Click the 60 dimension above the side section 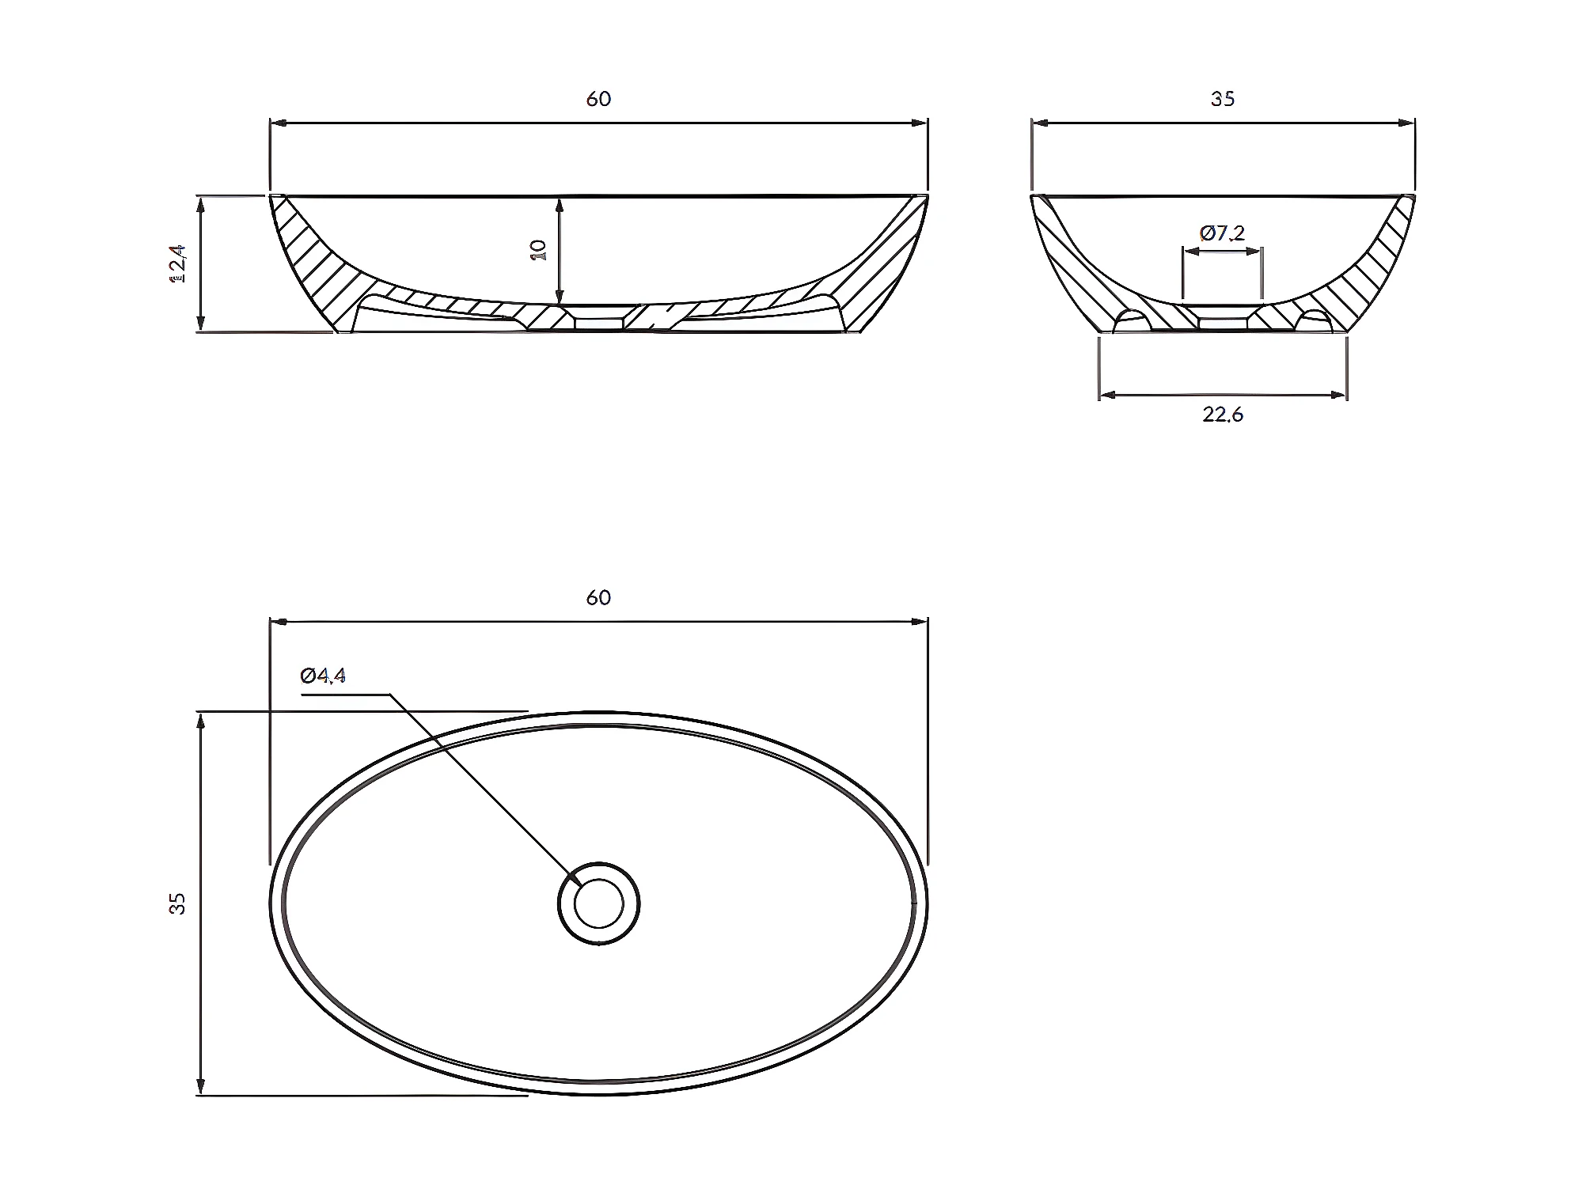(x=598, y=99)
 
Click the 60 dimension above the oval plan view (x=598, y=597)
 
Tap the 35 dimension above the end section (x=1222, y=99)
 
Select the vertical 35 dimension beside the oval (x=178, y=903)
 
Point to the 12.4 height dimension (x=178, y=263)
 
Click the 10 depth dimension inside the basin (x=540, y=250)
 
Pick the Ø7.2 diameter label (x=1222, y=233)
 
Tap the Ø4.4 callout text (x=323, y=676)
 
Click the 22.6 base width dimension (x=1223, y=415)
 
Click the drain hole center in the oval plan (x=598, y=903)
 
